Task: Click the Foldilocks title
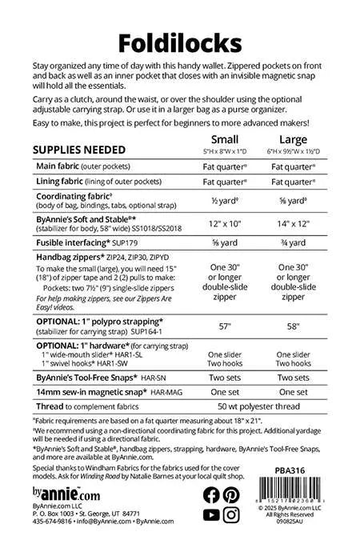[180, 41]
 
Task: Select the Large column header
[294, 138]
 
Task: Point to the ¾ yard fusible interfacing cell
[294, 242]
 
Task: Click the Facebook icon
[211, 494]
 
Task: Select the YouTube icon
[211, 514]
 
